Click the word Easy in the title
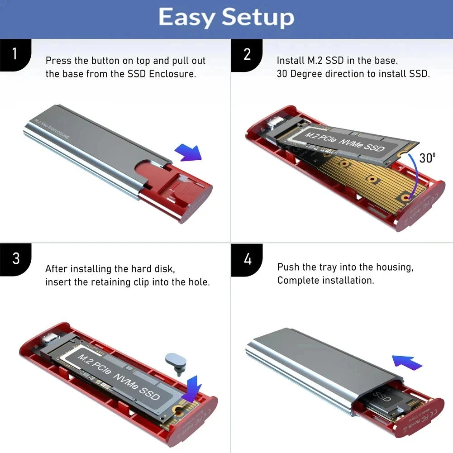(x=186, y=18)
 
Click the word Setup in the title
(x=258, y=18)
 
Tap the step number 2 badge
(x=247, y=54)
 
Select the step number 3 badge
(x=15, y=259)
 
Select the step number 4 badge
(x=247, y=259)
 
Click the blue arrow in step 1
(x=188, y=152)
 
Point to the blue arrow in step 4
(x=407, y=362)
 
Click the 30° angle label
(x=427, y=158)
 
